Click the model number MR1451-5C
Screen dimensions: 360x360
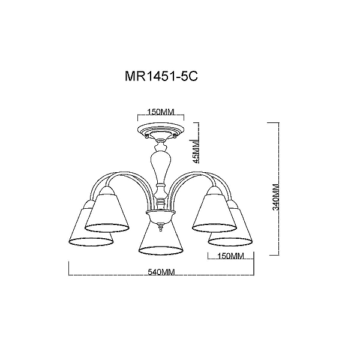161,76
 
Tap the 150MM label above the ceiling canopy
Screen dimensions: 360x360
161,112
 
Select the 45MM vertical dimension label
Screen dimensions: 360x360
196,152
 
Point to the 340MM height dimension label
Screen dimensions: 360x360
276,197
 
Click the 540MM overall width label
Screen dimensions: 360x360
161,272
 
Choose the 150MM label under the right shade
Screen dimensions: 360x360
230,256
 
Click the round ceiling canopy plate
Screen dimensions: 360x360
161,130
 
